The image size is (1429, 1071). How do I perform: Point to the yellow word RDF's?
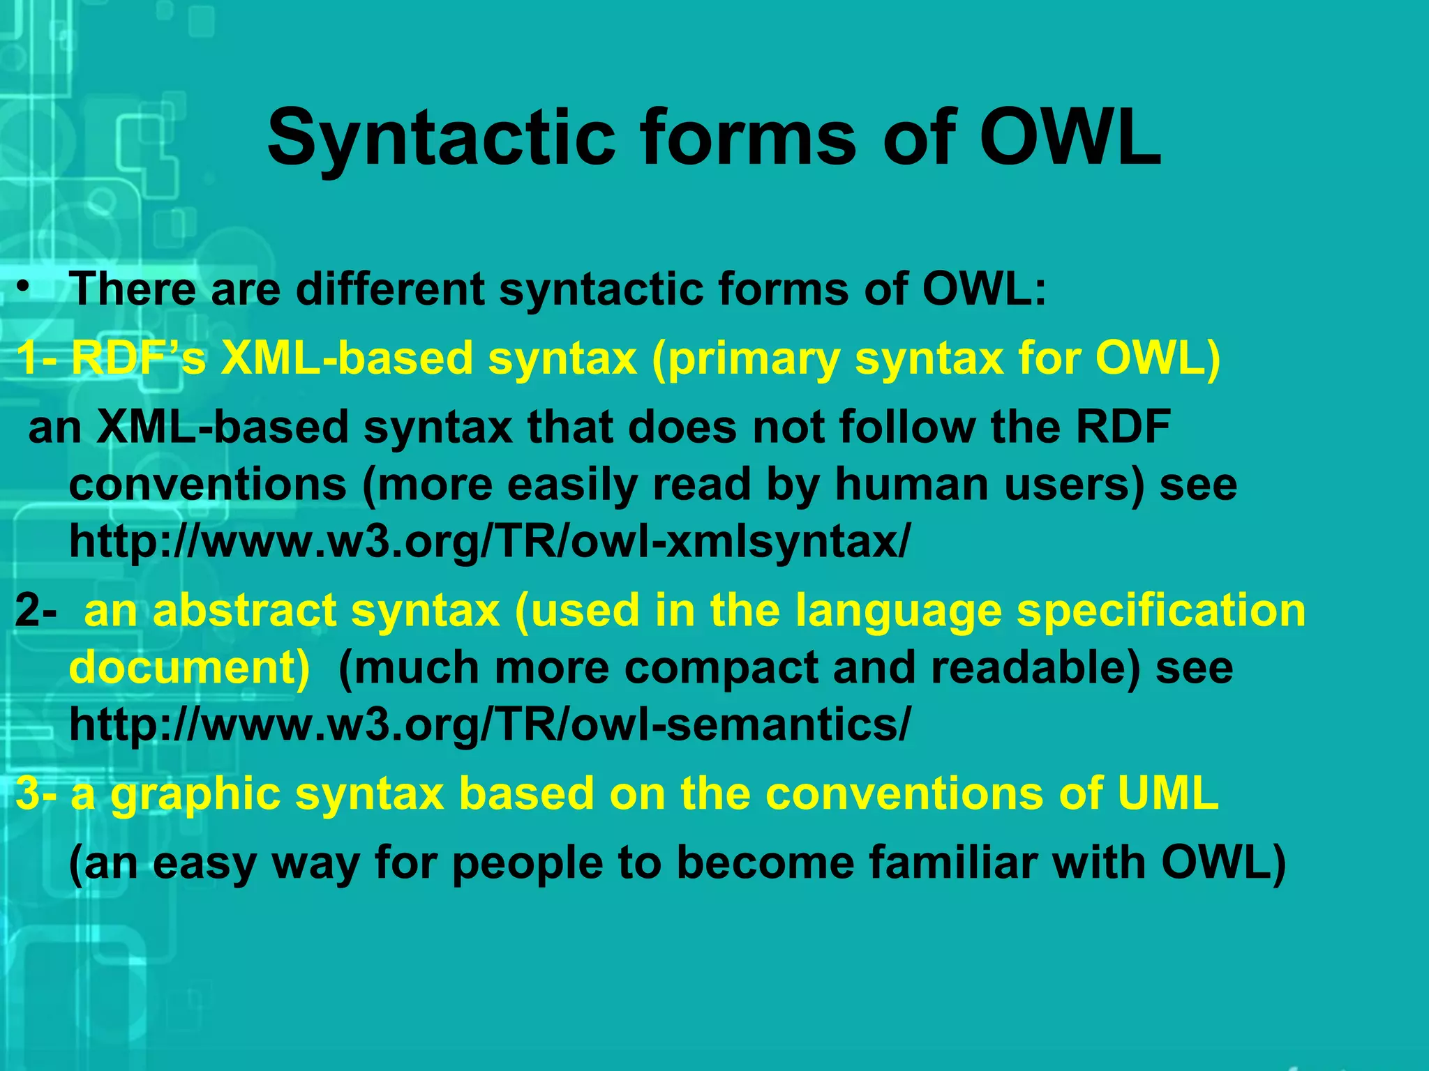(139, 358)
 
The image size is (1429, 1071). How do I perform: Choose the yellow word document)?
(189, 668)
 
